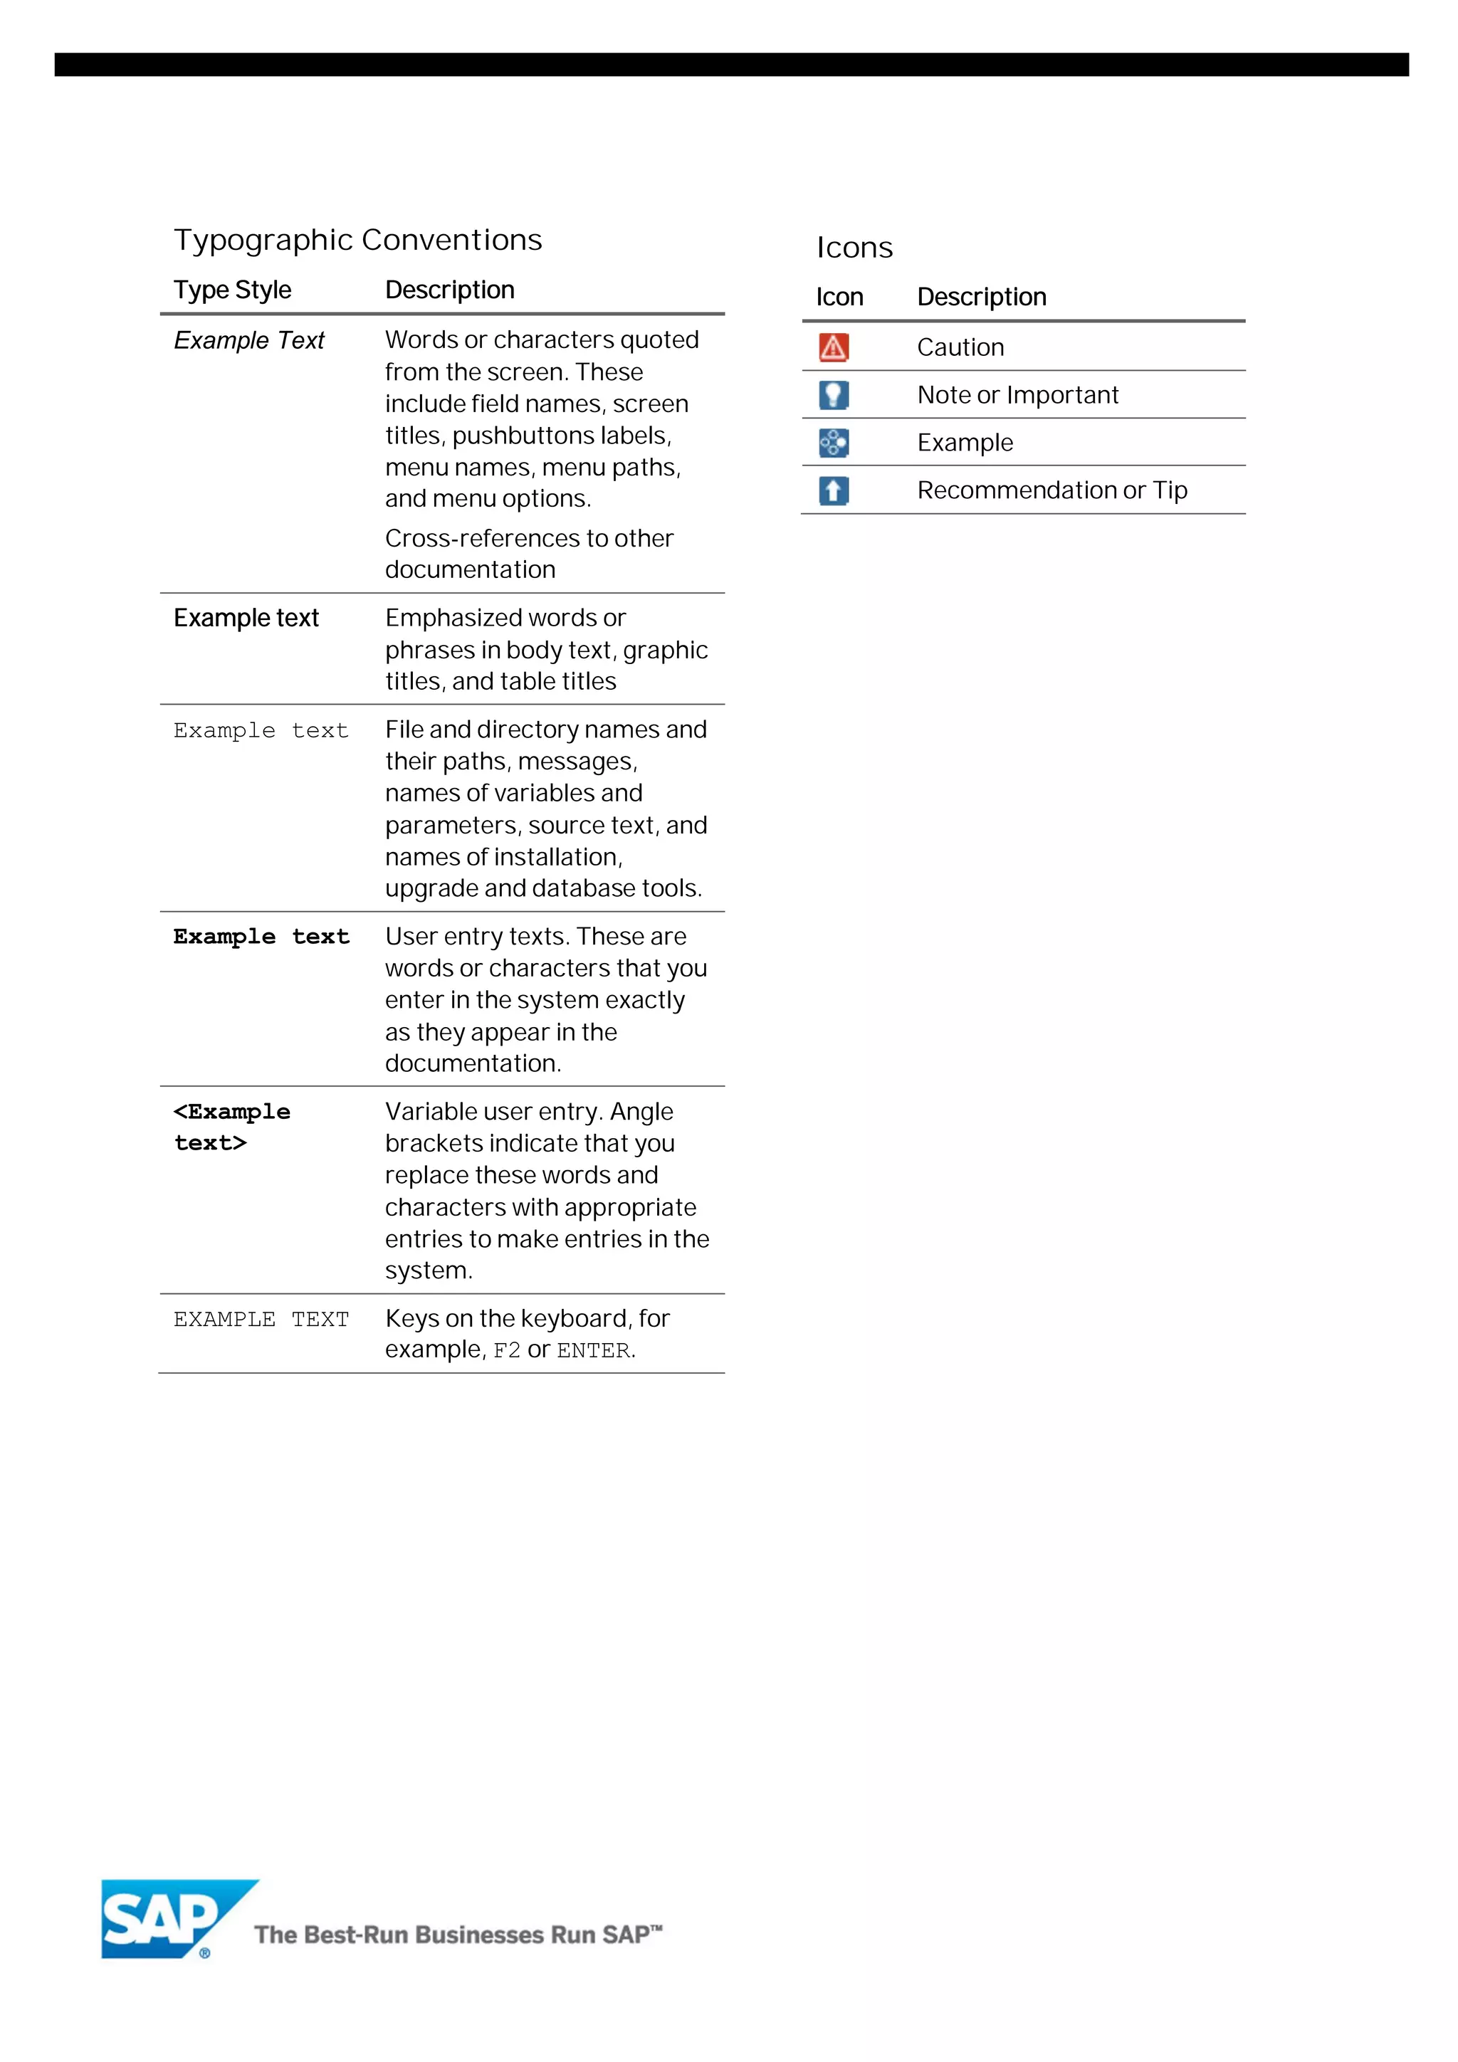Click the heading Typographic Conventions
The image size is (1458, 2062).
pos(357,240)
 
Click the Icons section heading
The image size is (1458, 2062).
pos(854,248)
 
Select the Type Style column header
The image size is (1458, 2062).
pos(233,290)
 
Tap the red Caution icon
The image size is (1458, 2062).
pos(833,347)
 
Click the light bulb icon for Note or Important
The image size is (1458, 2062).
pos(833,395)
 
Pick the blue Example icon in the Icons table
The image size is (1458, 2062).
pos(833,443)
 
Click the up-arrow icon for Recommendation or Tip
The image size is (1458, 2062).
pos(833,490)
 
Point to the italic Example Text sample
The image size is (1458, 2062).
pos(249,340)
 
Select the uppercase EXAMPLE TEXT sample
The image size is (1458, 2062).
pos(261,1320)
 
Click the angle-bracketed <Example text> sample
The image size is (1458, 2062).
pos(232,1127)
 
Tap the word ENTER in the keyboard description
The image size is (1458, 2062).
pos(593,1351)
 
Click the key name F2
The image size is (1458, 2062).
pos(507,1351)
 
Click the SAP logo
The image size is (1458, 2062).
pos(166,1918)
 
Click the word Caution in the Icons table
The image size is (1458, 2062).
pos(960,347)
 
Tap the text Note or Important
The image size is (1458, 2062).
pos(1017,395)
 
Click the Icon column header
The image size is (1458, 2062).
pos(839,298)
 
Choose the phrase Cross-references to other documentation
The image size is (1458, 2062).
pos(528,553)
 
